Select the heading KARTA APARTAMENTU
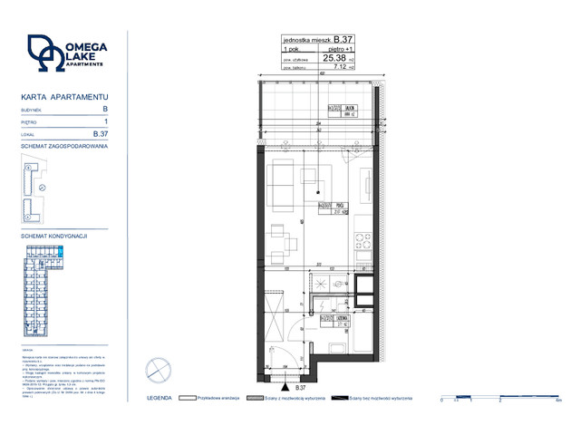(x=64, y=95)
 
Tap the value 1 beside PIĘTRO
(x=106, y=121)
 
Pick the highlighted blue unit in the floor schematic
(x=61, y=252)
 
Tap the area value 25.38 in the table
(x=333, y=56)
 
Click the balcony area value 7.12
(x=338, y=65)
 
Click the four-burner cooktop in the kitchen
(x=363, y=242)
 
